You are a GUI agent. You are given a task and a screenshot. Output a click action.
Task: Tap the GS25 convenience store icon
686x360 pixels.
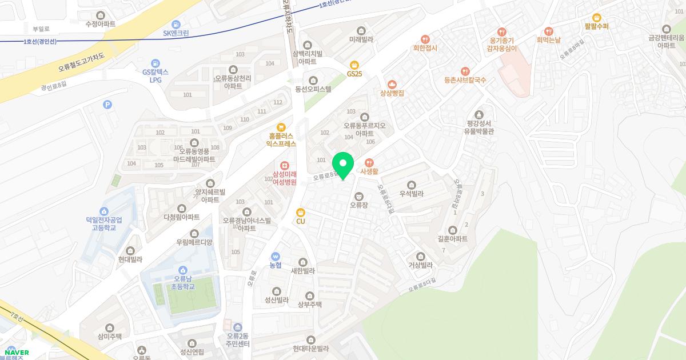[354, 65]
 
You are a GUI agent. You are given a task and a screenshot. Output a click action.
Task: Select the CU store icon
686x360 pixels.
[301, 213]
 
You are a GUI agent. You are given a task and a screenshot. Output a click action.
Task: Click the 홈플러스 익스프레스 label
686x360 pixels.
[281, 140]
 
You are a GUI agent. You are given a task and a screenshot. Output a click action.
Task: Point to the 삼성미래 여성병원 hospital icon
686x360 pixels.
[285, 165]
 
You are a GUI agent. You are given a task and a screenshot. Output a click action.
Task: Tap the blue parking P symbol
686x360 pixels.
[107, 105]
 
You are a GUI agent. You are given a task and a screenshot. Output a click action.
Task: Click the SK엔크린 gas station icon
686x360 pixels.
[176, 25]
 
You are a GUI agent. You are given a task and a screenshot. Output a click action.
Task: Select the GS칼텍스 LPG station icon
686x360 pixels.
[155, 63]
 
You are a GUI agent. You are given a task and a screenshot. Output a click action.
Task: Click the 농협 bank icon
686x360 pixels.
[276, 257]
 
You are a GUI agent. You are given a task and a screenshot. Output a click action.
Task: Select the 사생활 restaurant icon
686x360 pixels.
[369, 162]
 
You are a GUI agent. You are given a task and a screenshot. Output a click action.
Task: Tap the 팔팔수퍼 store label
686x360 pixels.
[597, 26]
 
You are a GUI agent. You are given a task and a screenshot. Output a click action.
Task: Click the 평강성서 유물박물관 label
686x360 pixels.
[478, 127]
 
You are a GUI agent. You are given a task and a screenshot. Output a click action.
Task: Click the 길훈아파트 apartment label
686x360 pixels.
[453, 239]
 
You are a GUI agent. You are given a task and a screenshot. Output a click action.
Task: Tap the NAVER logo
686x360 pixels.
[17, 353]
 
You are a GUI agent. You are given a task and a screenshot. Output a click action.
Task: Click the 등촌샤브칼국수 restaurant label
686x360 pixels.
[465, 80]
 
